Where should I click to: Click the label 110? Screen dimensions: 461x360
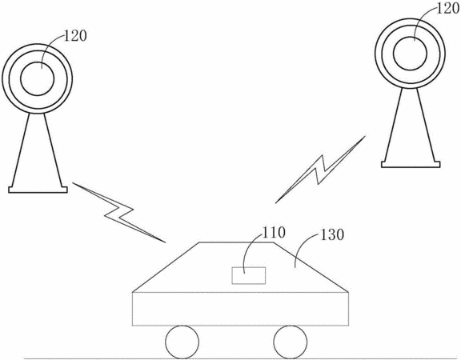point(274,233)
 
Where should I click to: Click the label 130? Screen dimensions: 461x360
point(331,235)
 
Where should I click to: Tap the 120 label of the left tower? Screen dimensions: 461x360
point(75,36)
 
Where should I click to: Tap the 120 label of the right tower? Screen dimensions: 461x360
point(447,9)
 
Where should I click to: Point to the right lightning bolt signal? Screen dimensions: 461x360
point(320,170)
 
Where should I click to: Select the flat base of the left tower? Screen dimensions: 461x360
point(38,190)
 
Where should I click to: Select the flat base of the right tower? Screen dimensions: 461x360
point(411,165)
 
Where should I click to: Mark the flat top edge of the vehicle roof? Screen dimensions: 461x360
point(237,242)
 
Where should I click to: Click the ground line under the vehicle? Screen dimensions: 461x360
point(241,358)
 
